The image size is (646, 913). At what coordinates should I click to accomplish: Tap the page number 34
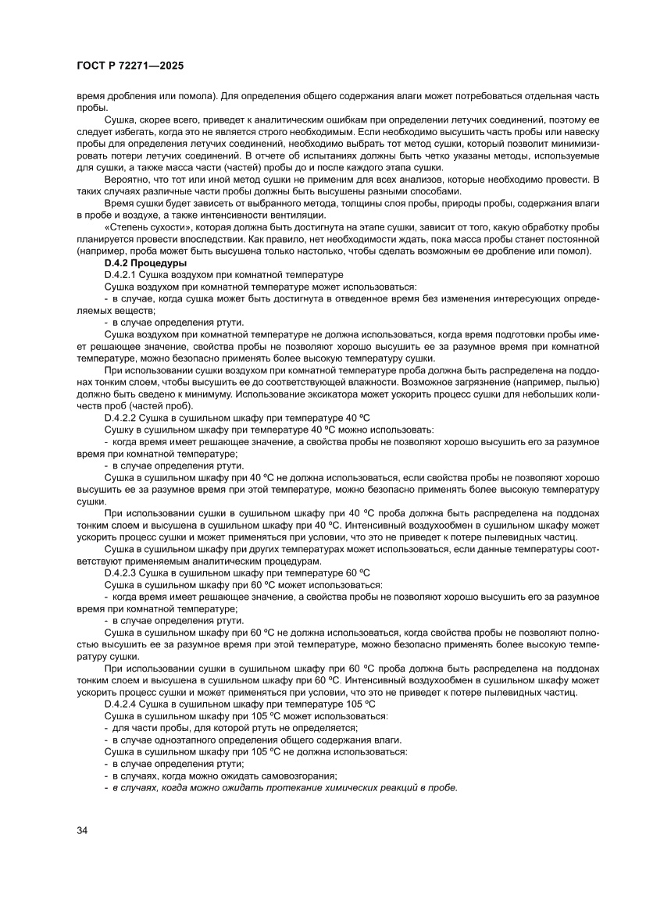[82, 829]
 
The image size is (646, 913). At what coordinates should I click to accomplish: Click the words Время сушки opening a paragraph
[133, 203]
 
